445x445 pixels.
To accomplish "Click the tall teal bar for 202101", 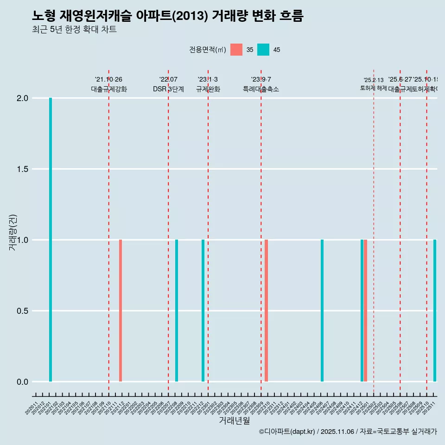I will click(51, 240).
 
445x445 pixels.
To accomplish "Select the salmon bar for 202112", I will click(121, 311).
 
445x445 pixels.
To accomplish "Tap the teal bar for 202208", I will click(177, 311).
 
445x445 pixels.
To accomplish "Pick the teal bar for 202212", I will click(203, 311).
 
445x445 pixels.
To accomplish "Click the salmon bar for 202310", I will click(266, 311).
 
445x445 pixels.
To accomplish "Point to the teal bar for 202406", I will click(322, 311).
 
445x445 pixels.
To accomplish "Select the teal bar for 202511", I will click(435, 311).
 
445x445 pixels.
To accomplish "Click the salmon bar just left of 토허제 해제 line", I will click(365, 311).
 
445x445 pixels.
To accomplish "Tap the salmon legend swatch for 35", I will click(236, 50).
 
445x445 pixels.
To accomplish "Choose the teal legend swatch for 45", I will click(263, 50).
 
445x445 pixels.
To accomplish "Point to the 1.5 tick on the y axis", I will click(22, 169).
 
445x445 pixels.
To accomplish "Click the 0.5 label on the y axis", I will click(22, 311).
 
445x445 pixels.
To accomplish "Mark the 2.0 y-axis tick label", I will click(22, 98).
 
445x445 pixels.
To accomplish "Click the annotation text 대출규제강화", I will click(108, 89).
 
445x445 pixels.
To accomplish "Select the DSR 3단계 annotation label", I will click(168, 89).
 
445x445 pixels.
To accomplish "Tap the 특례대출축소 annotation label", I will click(261, 89).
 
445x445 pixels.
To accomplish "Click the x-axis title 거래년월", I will click(234, 420).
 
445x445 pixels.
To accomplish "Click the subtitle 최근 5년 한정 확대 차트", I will click(74, 30).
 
